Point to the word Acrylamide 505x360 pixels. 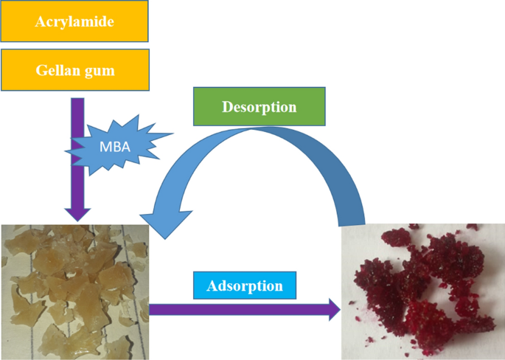tap(74, 21)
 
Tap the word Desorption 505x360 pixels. tap(259, 107)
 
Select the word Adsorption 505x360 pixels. tap(244, 285)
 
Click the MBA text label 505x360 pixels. tap(114, 146)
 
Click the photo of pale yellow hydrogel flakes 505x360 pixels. tap(74, 291)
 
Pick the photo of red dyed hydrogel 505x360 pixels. tap(423, 292)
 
